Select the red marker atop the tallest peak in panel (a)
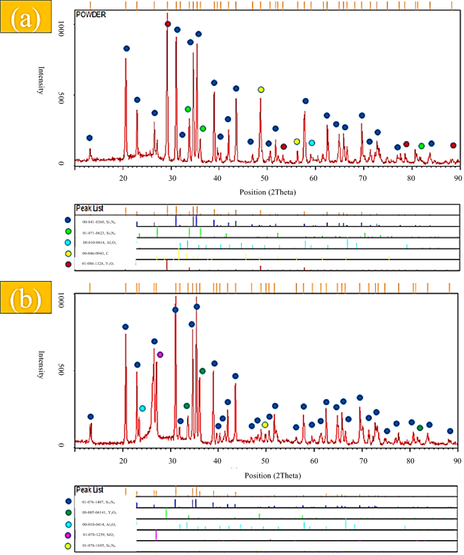(168, 24)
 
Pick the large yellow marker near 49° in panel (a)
(261, 89)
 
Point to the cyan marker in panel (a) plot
(312, 143)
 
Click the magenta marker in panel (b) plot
(161, 354)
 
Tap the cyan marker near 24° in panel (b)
(142, 408)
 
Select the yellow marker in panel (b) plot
(265, 424)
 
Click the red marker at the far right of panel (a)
(453, 145)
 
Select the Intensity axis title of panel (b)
(43, 371)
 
